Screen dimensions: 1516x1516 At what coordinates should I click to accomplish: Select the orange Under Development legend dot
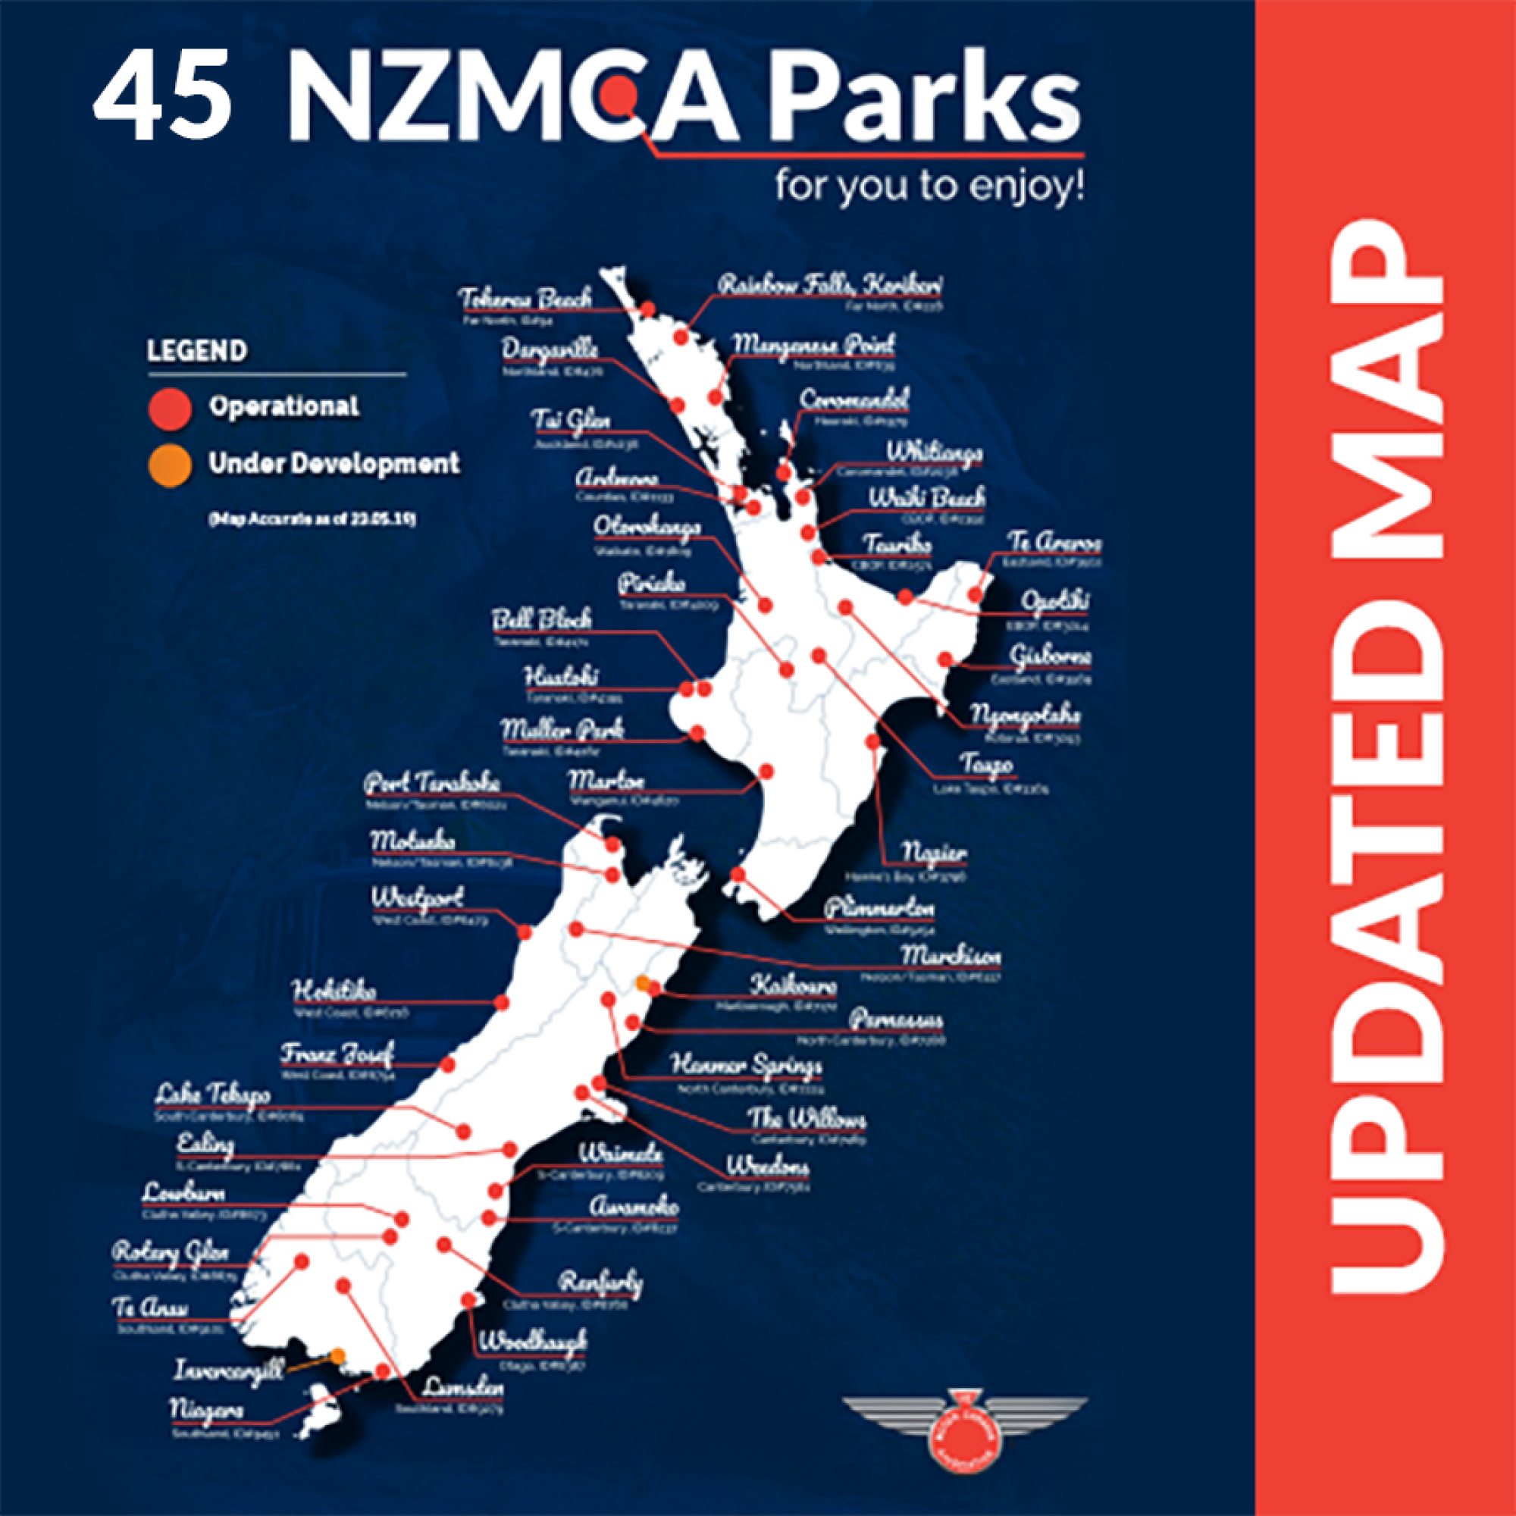point(170,465)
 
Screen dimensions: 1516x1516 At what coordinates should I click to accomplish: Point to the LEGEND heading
point(197,351)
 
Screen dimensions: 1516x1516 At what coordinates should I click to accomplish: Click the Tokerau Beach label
point(526,299)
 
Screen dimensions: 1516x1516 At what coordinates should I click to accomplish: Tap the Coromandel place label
point(853,399)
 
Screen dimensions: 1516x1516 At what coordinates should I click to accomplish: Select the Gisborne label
point(1050,655)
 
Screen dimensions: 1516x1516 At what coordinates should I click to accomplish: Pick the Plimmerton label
point(879,909)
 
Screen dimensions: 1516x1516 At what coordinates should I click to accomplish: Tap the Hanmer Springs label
point(746,1066)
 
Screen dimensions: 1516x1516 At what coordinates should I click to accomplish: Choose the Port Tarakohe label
point(431,782)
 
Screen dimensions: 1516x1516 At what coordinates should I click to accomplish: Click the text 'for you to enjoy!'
point(930,188)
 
